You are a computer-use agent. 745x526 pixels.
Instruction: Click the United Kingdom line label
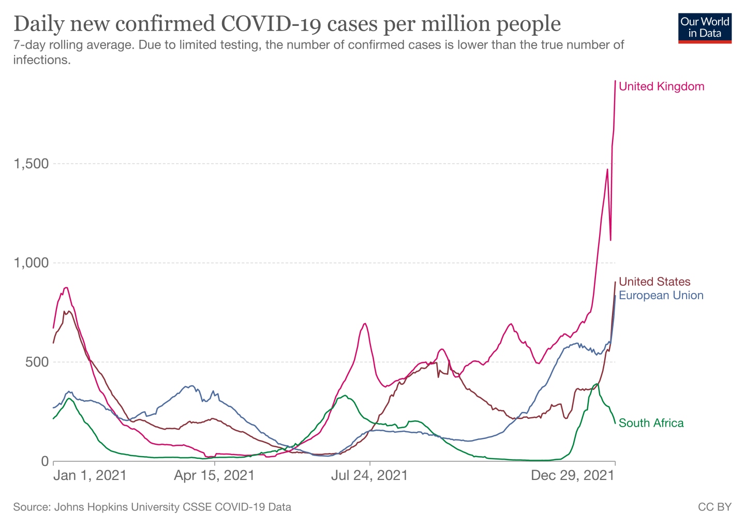pyautogui.click(x=661, y=86)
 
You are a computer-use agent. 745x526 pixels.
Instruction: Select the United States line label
pyautogui.click(x=654, y=282)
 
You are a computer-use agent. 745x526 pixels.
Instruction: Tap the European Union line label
pyautogui.click(x=661, y=296)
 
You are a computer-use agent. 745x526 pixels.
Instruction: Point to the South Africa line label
pyautogui.click(x=651, y=423)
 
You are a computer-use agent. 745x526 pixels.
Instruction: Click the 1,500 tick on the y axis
pyautogui.click(x=31, y=164)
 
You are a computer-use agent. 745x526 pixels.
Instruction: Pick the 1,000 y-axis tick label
pyautogui.click(x=31, y=263)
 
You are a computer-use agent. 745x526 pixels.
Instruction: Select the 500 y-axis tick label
pyautogui.click(x=37, y=362)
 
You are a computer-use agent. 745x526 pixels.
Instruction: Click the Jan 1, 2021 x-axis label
pyautogui.click(x=90, y=475)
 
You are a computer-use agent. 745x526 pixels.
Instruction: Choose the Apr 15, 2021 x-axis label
pyautogui.click(x=214, y=475)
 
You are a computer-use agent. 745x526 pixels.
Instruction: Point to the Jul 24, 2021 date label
pyautogui.click(x=369, y=475)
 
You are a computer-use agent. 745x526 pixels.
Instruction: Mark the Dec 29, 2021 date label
pyautogui.click(x=573, y=475)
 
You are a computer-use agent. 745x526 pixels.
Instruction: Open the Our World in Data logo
pyautogui.click(x=705, y=28)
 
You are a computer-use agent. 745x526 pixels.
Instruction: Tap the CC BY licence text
pyautogui.click(x=714, y=507)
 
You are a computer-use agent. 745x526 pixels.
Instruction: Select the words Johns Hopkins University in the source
pyautogui.click(x=118, y=507)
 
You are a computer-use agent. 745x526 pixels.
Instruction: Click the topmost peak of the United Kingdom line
pyautogui.click(x=615, y=81)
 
